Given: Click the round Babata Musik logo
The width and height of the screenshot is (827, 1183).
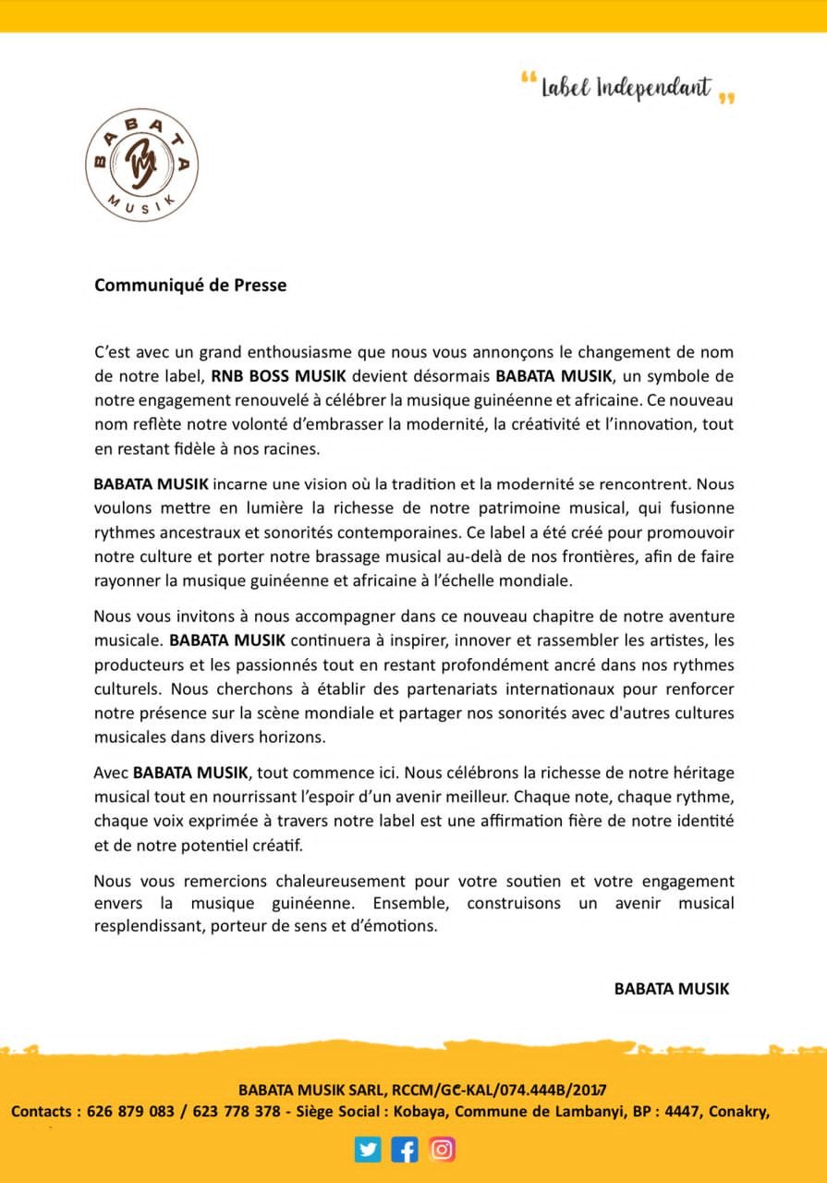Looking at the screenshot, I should coord(141,165).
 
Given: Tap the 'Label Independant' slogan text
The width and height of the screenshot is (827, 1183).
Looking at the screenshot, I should coord(626,88).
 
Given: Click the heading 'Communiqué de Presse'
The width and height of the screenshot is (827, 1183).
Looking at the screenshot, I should coord(190,286).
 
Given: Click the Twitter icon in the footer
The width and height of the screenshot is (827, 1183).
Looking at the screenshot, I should coord(368,1149).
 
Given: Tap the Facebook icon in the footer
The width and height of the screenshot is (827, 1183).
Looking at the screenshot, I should coord(405,1149).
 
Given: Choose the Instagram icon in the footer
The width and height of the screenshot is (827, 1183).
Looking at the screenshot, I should coord(442,1149).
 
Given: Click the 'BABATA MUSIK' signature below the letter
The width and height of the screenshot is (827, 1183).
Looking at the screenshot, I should coord(671,989).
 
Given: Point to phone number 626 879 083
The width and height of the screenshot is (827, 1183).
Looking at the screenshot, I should coord(130,1112).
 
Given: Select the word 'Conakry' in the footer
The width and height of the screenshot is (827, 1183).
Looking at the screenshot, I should coord(738,1112).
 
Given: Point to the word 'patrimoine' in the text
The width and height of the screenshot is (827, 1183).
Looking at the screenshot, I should coord(480,507).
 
